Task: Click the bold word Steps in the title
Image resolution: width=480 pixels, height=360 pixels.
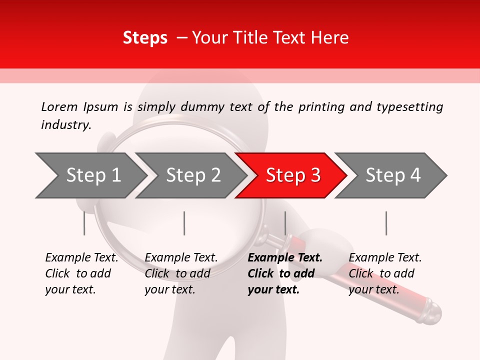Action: [x=145, y=38]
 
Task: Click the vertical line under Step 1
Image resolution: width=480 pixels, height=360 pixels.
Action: [x=84, y=223]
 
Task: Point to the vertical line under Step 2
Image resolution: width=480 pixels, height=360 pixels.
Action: [x=184, y=223]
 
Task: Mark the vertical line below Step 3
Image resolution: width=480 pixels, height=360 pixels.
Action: [x=285, y=223]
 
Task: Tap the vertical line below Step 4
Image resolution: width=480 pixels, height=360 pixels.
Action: [x=386, y=223]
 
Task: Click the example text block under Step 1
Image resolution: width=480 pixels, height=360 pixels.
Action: [x=81, y=273]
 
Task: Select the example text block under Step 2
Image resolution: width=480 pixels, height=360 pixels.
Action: [x=180, y=273]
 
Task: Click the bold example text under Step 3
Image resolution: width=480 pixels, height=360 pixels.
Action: [x=284, y=273]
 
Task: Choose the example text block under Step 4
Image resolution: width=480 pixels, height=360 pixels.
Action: [x=384, y=273]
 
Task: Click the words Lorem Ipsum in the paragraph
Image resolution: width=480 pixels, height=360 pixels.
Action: [x=79, y=107]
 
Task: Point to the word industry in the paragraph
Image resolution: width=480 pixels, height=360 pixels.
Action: [x=65, y=125]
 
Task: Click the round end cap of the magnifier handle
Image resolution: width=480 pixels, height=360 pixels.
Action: [x=433, y=312]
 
